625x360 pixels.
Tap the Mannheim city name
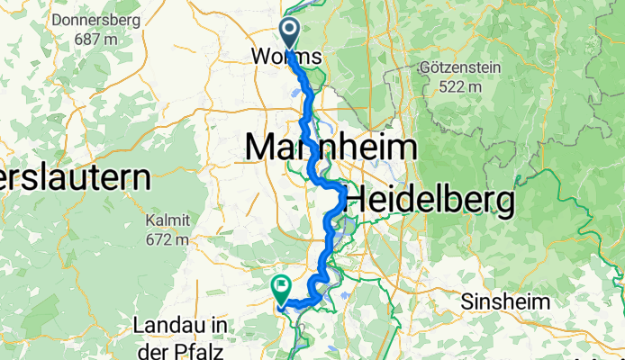(331, 147)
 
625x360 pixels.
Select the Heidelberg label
(430, 199)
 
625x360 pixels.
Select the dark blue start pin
(291, 32)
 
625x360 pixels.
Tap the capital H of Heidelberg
(358, 199)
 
